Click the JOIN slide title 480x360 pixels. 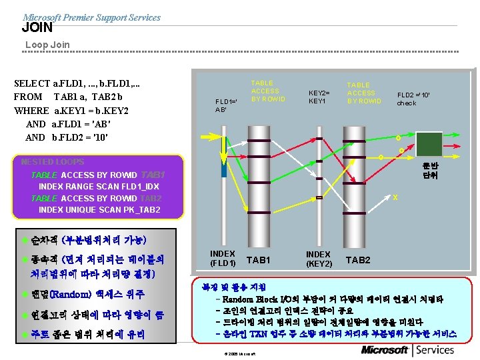[37, 28]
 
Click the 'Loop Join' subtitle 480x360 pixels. [47, 45]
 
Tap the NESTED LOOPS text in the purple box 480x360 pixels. [53, 162]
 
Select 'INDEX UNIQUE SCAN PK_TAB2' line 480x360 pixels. [99, 210]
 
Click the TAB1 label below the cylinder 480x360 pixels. [259, 260]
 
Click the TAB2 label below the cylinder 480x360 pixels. [357, 260]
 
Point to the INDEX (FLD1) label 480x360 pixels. [223, 259]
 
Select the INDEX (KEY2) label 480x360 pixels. [319, 259]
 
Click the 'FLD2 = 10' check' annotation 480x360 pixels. [413, 99]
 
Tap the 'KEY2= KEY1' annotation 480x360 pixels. [317, 97]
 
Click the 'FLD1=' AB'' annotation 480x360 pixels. [221, 105]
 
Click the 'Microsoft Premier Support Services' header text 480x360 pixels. [91, 17]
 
